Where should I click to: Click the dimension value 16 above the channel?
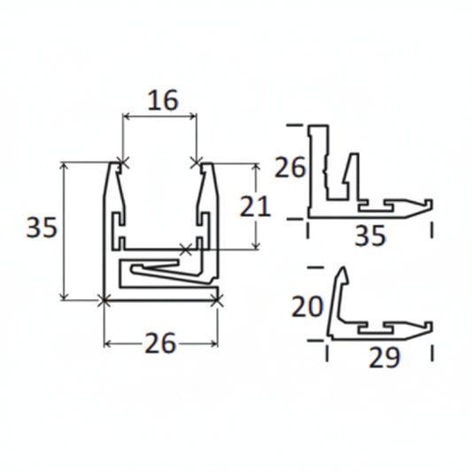pyautogui.click(x=159, y=99)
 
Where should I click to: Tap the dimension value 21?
pyautogui.click(x=256, y=206)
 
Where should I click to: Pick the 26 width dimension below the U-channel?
pyautogui.click(x=160, y=342)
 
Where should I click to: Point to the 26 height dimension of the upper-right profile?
pyautogui.click(x=290, y=166)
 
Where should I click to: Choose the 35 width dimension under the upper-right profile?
pyautogui.click(x=369, y=237)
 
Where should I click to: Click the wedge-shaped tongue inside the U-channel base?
pyautogui.click(x=159, y=267)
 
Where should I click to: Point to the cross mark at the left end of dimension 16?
pyautogui.click(x=121, y=163)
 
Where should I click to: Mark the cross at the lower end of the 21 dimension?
pyautogui.click(x=185, y=249)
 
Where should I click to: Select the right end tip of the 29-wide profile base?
pyautogui.click(x=432, y=325)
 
